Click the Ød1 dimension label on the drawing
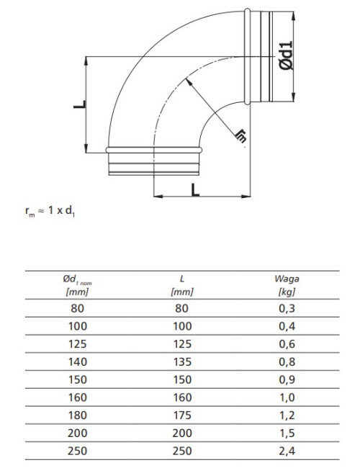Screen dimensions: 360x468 click(286, 56)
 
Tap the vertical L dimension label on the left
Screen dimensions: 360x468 click(80, 104)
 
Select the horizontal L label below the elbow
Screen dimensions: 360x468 click(195, 190)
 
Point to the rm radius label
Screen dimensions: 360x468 click(241, 136)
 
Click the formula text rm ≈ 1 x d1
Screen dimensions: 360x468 click(50, 211)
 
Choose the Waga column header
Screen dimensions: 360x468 click(287, 285)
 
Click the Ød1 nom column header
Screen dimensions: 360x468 click(77, 285)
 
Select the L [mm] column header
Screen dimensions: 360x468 click(181, 285)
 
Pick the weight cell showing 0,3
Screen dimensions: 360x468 click(287, 308)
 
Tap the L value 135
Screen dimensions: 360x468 click(182, 361)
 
